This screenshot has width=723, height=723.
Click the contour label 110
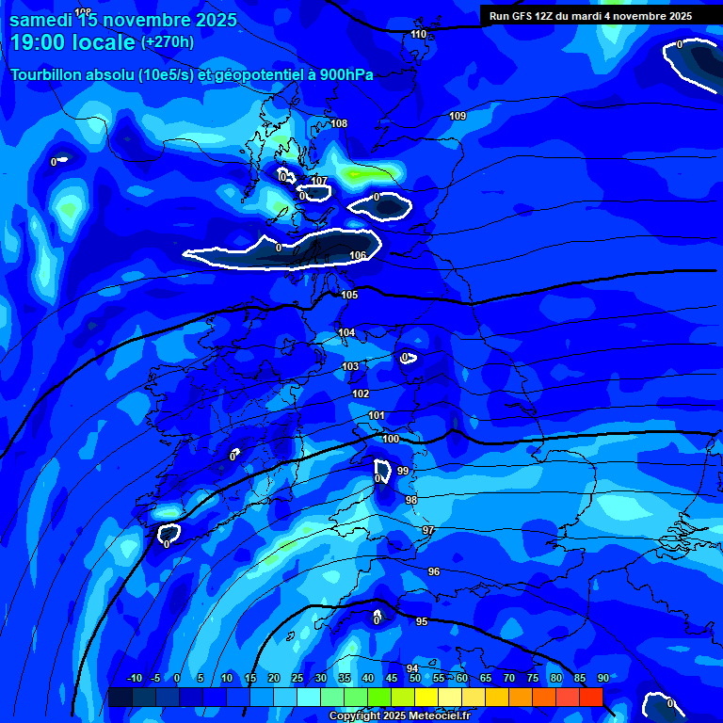(419, 34)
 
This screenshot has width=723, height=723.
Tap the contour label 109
(458, 116)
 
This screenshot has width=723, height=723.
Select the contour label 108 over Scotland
(339, 123)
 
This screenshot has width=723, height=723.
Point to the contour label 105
(349, 295)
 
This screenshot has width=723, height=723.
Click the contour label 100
(391, 439)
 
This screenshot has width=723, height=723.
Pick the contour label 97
(428, 530)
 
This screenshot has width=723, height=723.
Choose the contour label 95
(422, 621)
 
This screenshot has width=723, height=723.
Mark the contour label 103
(350, 366)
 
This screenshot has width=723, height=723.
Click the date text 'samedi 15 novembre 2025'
(123, 19)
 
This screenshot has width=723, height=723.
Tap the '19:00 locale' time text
(72, 41)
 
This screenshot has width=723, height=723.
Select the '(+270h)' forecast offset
(168, 41)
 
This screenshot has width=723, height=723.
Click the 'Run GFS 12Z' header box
(590, 15)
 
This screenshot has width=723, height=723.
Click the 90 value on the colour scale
(602, 678)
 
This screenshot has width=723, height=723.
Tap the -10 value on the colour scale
(134, 678)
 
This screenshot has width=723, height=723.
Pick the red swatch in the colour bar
(590, 697)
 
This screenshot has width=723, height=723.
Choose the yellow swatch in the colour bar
(426, 697)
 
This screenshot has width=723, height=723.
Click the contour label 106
(358, 255)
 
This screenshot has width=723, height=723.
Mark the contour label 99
(402, 470)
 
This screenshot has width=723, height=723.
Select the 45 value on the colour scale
(391, 678)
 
